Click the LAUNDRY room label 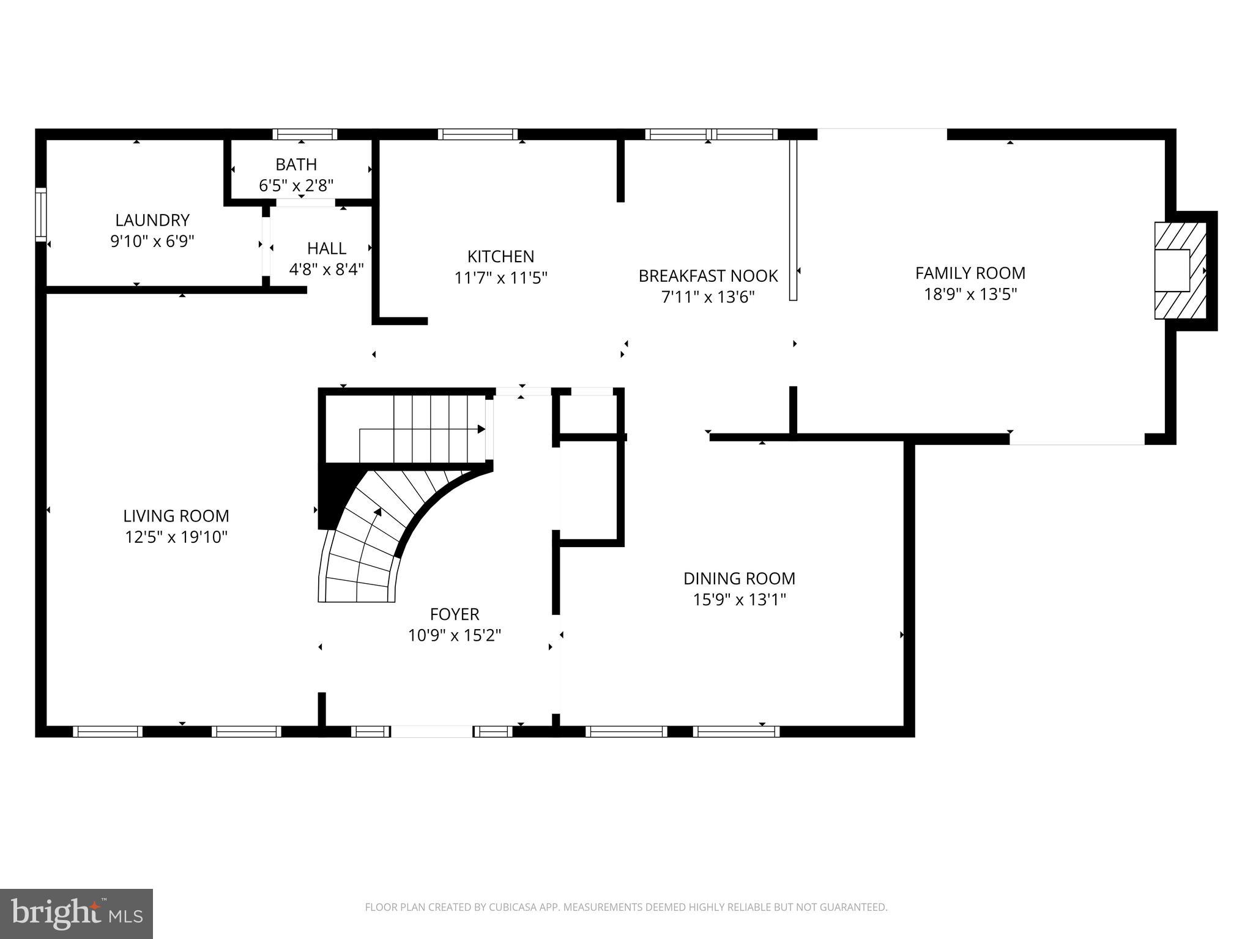tap(152, 220)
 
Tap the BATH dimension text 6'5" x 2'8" tap(296, 185)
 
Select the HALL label tap(327, 248)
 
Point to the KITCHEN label tap(500, 256)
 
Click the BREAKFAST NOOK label tap(708, 276)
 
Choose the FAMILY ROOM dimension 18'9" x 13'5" tap(970, 294)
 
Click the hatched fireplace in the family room tap(1179, 270)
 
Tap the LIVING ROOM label tap(176, 516)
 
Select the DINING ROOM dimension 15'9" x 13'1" tap(739, 599)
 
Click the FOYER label tap(454, 614)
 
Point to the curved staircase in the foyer tap(373, 538)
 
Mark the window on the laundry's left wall tap(40, 215)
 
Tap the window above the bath tap(305, 134)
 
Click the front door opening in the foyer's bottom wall tap(431, 731)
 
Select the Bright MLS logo tap(76, 913)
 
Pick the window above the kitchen tap(477, 134)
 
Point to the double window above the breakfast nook tap(711, 134)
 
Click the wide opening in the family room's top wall tap(882, 133)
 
